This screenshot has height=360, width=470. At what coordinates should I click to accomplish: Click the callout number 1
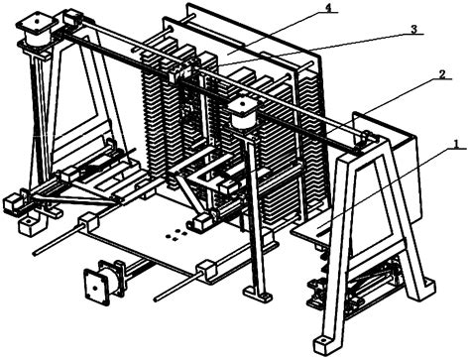click(453, 145)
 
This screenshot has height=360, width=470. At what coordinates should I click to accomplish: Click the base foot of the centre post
click(260, 295)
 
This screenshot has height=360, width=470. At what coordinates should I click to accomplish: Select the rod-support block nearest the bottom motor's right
click(206, 268)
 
